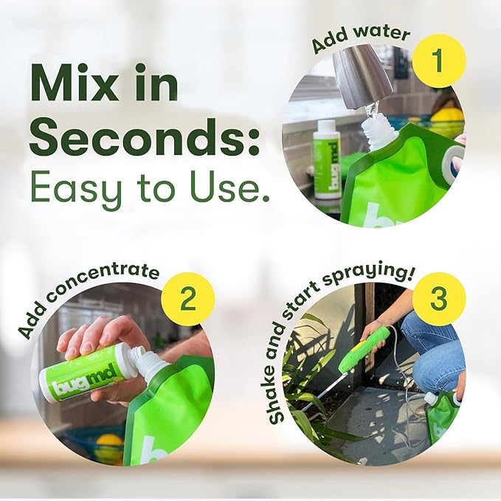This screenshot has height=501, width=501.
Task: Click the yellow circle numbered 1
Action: coord(439,61)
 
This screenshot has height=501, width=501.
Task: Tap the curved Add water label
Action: coord(359,36)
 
